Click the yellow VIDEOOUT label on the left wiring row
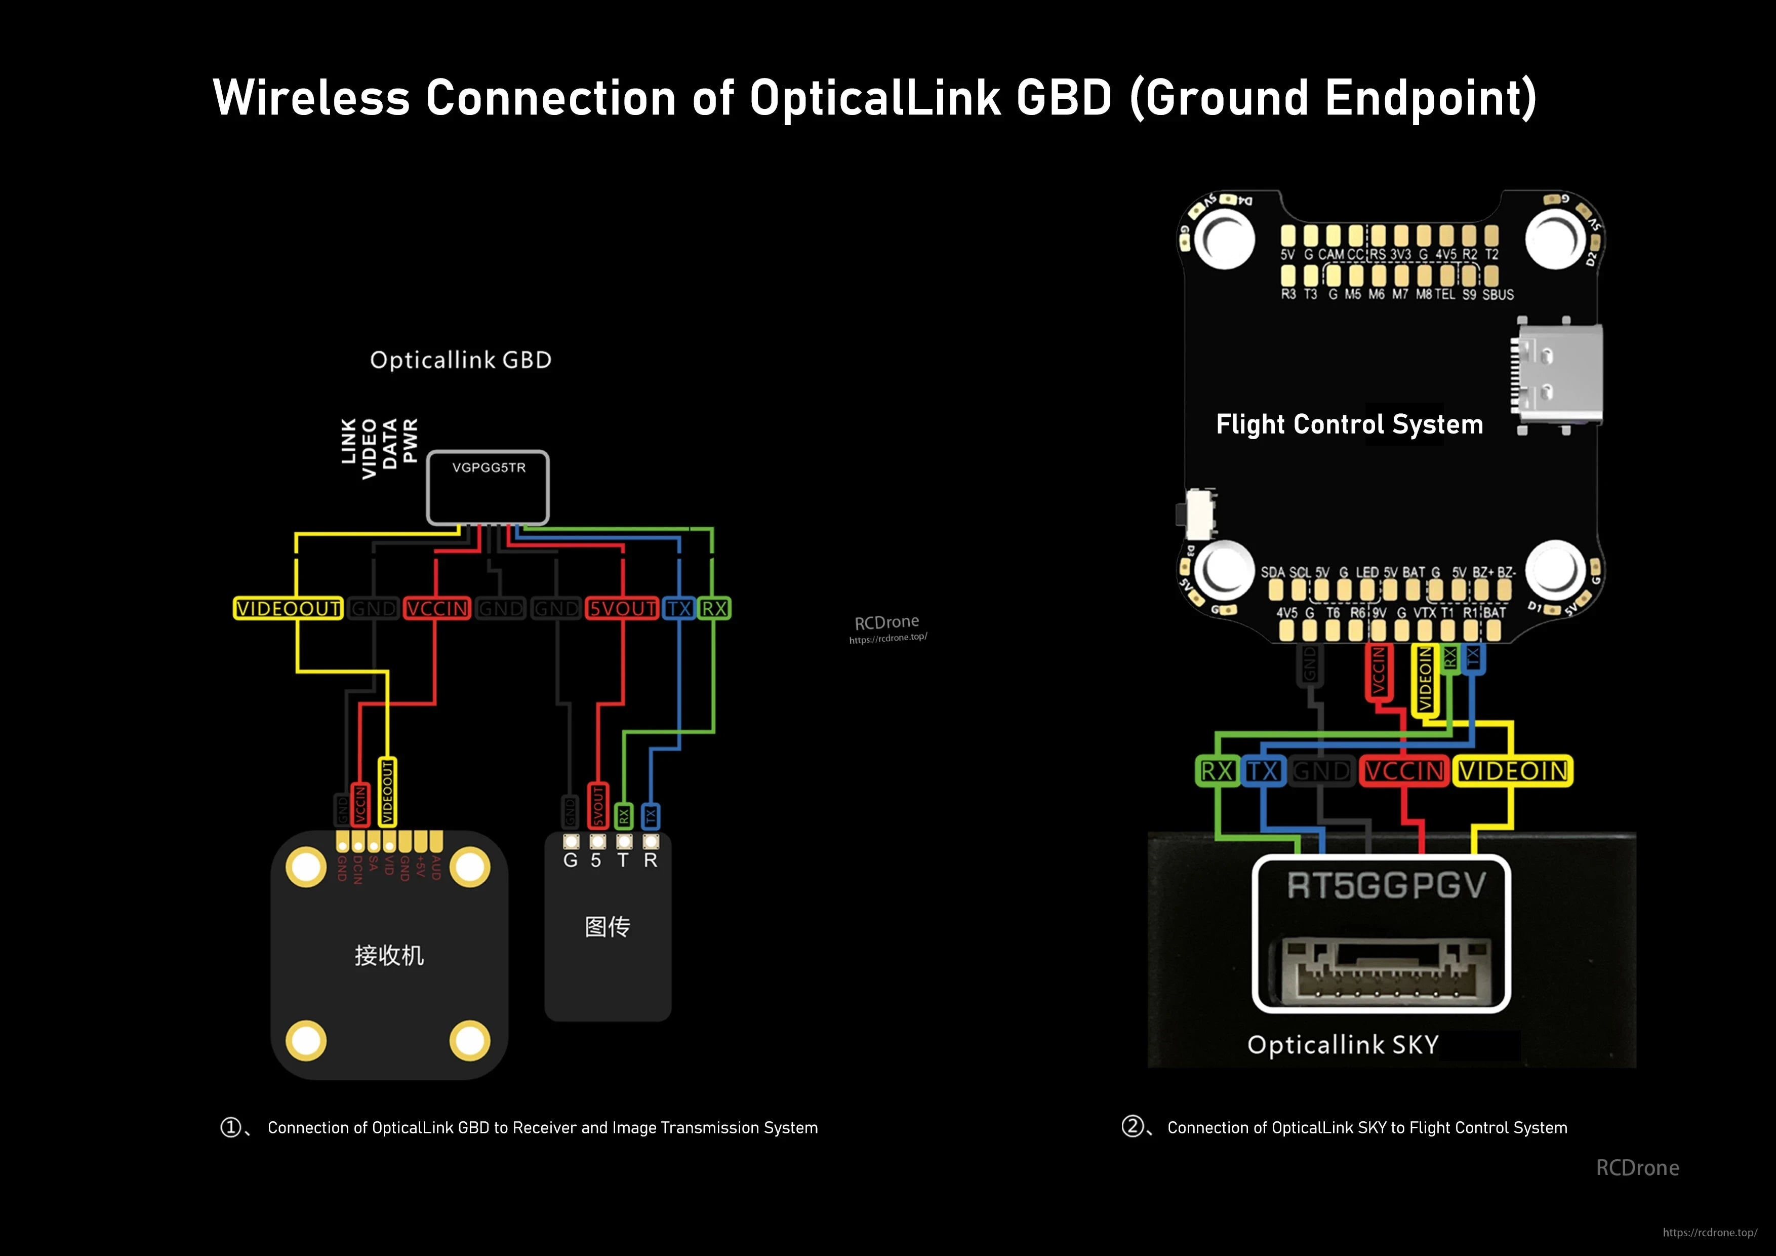click(x=288, y=608)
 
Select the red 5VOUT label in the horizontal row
click(x=622, y=608)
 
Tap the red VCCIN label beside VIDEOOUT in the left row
click(x=437, y=608)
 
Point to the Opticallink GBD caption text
click(x=460, y=360)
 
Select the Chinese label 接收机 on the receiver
click(x=389, y=955)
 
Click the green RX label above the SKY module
click(x=1217, y=771)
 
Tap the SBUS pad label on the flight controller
click(x=1498, y=295)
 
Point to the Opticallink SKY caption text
click(x=1343, y=1045)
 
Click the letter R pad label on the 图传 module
click(x=651, y=860)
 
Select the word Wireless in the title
click(x=311, y=98)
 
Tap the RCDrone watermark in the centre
click(x=886, y=622)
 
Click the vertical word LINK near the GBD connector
click(x=349, y=441)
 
